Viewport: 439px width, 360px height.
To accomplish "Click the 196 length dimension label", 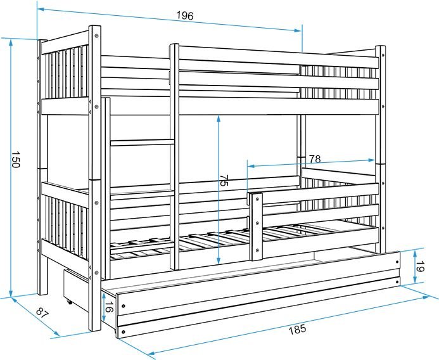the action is coord(185,16).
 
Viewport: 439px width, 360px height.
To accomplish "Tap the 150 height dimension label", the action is coord(16,160).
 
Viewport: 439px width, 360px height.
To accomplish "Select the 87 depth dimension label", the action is coord(42,312).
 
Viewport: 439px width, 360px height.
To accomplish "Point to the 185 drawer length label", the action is coord(297,330).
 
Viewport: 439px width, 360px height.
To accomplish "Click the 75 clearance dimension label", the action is coord(224,180).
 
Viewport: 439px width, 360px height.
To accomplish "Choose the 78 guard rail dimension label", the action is coord(315,159).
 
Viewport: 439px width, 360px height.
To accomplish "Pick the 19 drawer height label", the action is coord(420,266).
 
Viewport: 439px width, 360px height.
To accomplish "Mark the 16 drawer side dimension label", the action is coord(110,307).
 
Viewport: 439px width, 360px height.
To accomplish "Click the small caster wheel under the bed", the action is coord(69,302).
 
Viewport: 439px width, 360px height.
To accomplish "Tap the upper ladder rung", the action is coord(143,143).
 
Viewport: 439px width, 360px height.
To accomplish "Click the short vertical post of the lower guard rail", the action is coord(257,227).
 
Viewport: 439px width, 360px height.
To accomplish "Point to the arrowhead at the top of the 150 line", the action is coord(11,42).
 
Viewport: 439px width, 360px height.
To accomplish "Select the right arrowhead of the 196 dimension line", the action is coord(298,30).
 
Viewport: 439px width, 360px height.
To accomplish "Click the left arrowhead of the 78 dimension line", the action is coord(251,167).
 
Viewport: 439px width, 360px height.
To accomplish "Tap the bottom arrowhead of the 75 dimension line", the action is coord(219,260).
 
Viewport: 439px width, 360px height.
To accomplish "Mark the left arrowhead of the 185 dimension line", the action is coord(151,353).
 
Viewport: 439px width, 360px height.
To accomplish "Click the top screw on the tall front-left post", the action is coord(96,36).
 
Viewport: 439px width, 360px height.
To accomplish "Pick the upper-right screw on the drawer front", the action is coord(397,262).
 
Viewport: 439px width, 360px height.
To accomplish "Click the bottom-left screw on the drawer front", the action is coord(124,332).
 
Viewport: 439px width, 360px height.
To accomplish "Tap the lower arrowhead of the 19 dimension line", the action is coord(415,280).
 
